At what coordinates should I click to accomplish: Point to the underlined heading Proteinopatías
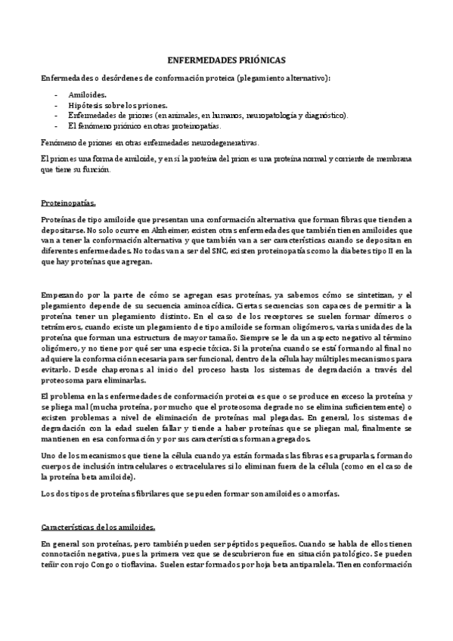67,203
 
